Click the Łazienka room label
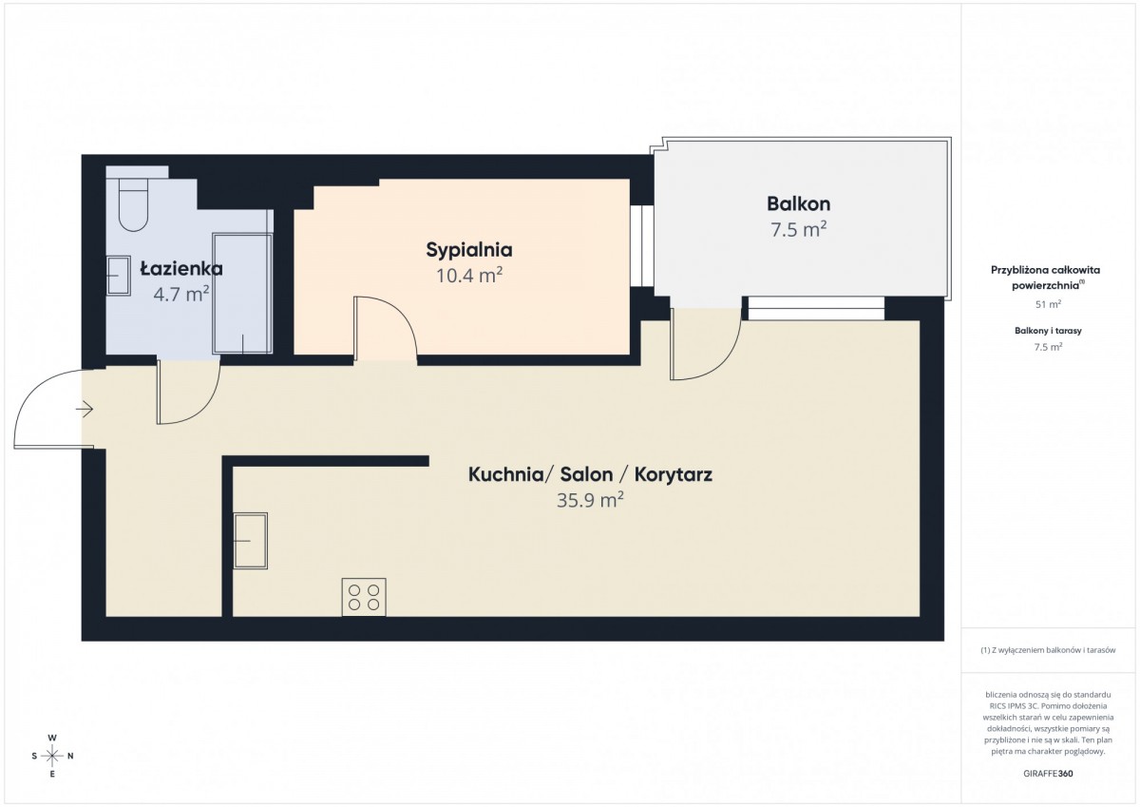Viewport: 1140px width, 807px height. click(181, 268)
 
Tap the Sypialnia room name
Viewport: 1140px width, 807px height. click(468, 250)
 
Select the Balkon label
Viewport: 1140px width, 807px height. click(799, 203)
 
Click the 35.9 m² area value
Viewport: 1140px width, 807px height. click(590, 500)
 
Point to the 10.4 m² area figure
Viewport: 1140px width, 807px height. click(468, 276)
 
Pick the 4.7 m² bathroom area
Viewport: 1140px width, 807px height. click(181, 294)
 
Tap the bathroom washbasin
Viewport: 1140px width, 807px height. click(119, 276)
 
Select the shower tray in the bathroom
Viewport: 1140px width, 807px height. click(242, 294)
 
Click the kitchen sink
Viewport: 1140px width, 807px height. click(251, 540)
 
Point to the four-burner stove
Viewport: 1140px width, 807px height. click(364, 597)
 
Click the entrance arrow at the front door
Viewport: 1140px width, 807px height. click(85, 409)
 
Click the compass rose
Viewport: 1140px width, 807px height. click(52, 756)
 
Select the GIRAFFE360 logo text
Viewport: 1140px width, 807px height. click(1049, 774)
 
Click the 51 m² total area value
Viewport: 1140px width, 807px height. click(1049, 304)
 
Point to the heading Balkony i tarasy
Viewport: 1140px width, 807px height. click(1049, 331)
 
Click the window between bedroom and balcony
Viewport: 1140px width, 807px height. click(642, 246)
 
